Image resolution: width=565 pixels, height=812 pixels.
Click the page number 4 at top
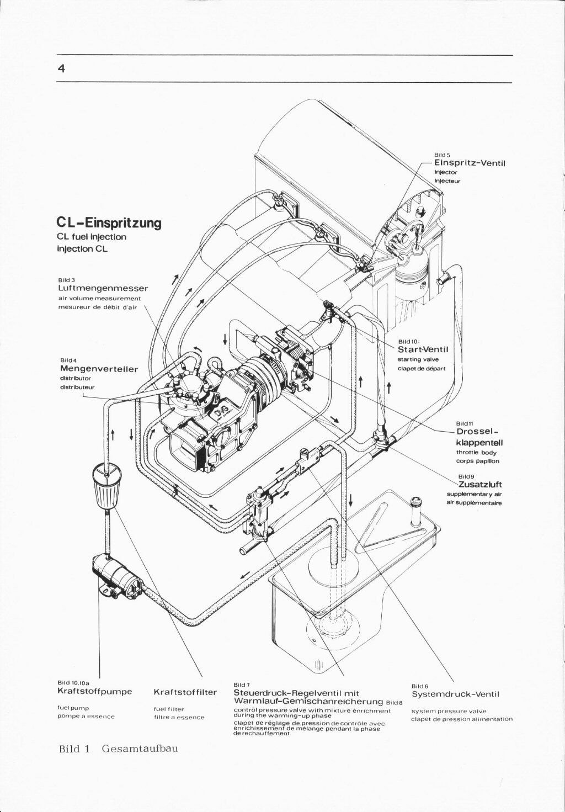point(61,68)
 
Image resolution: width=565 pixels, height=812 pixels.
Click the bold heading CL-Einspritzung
point(109,223)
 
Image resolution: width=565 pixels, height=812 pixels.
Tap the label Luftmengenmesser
point(103,288)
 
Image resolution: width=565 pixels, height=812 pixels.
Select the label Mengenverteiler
point(99,369)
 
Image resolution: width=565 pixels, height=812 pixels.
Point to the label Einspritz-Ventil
point(470,163)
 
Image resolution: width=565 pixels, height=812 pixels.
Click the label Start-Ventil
point(423,349)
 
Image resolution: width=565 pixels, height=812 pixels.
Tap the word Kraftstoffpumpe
point(94,691)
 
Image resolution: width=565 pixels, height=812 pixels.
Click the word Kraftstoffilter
point(185,692)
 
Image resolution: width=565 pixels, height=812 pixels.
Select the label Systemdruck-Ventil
point(455,694)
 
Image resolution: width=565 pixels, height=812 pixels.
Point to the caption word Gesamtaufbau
point(140,749)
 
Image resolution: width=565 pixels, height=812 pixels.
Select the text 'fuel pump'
point(73,708)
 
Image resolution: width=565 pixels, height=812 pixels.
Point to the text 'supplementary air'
point(473,495)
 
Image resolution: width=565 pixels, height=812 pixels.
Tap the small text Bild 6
point(420,686)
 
